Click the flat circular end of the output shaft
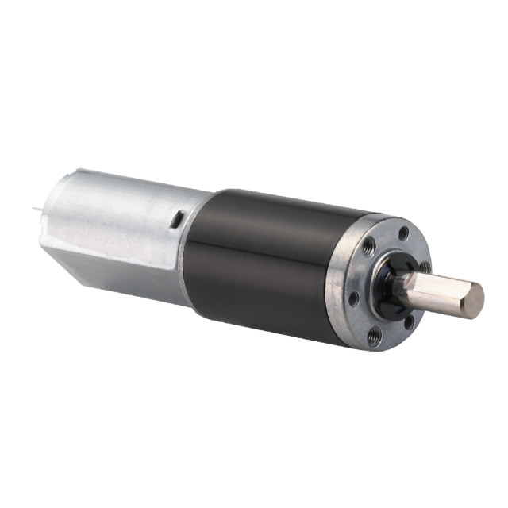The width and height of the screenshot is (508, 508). pos(473,301)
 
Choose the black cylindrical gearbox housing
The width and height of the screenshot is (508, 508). pos(262,262)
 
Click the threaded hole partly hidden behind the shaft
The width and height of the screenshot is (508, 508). pos(425,267)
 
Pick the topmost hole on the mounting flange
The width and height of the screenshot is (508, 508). pos(404,233)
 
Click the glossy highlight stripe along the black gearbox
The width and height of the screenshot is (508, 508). pos(262,238)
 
